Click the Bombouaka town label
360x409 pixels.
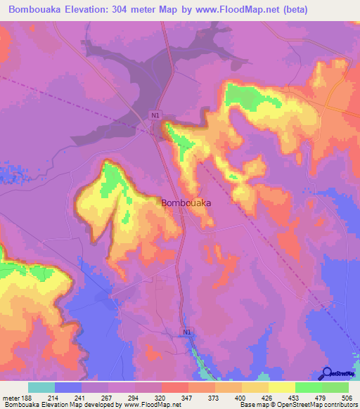187,202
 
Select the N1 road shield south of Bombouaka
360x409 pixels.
187,331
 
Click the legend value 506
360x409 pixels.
349,398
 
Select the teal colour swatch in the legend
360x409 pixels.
41,387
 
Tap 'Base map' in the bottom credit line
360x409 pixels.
252,405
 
